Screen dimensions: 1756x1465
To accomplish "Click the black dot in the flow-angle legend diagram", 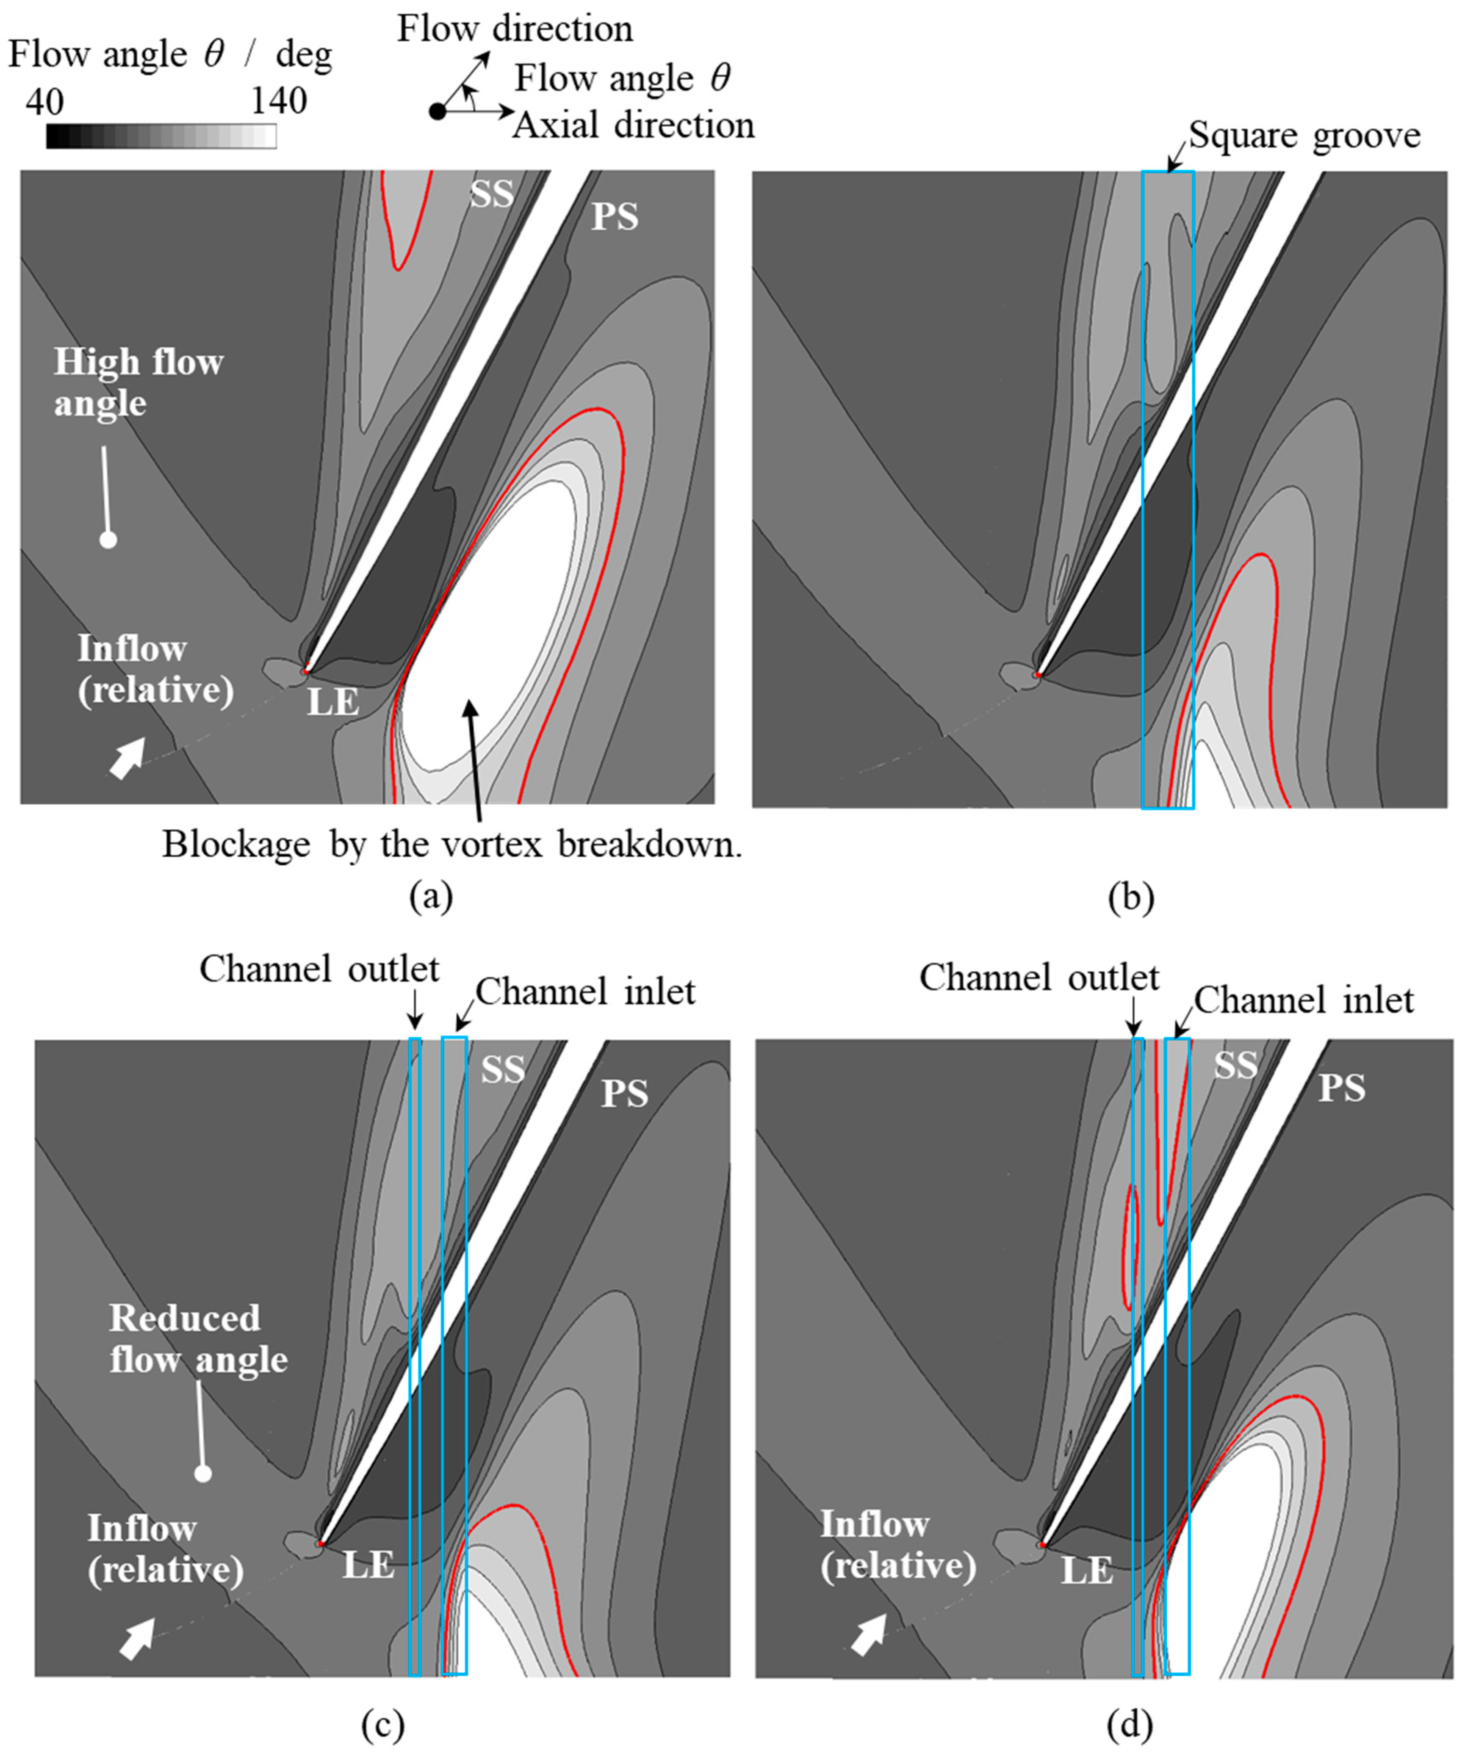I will [x=438, y=111].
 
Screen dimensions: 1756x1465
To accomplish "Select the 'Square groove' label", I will [x=1304, y=136].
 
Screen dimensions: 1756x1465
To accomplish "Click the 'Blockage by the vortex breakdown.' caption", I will [x=451, y=845].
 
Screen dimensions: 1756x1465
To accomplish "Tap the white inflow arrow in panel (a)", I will [x=128, y=759].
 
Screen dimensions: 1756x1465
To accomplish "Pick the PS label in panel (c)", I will [x=625, y=1094].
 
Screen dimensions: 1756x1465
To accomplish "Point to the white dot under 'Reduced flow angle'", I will [x=202, y=1473].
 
